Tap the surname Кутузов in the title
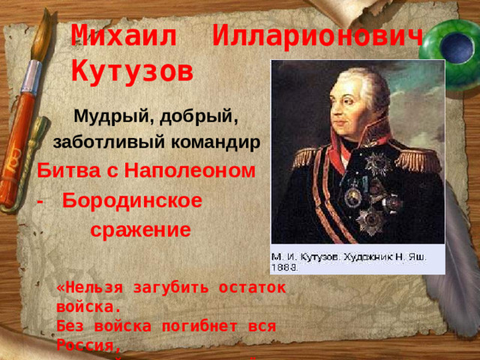(x=131, y=71)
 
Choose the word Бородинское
(x=132, y=201)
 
